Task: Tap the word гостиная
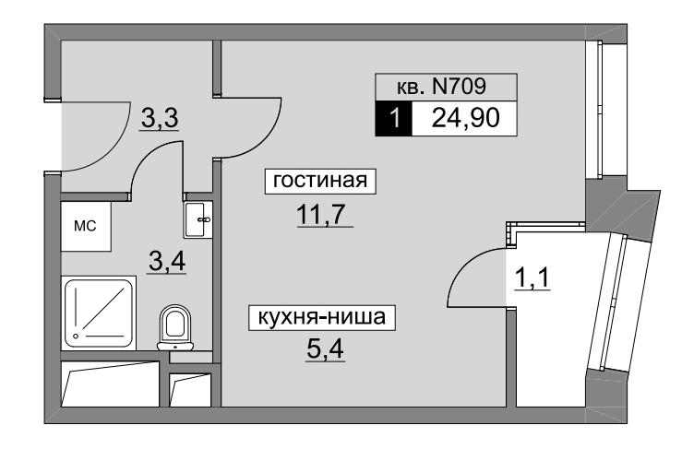(320, 182)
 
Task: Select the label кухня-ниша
(321, 319)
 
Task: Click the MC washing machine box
(86, 225)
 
